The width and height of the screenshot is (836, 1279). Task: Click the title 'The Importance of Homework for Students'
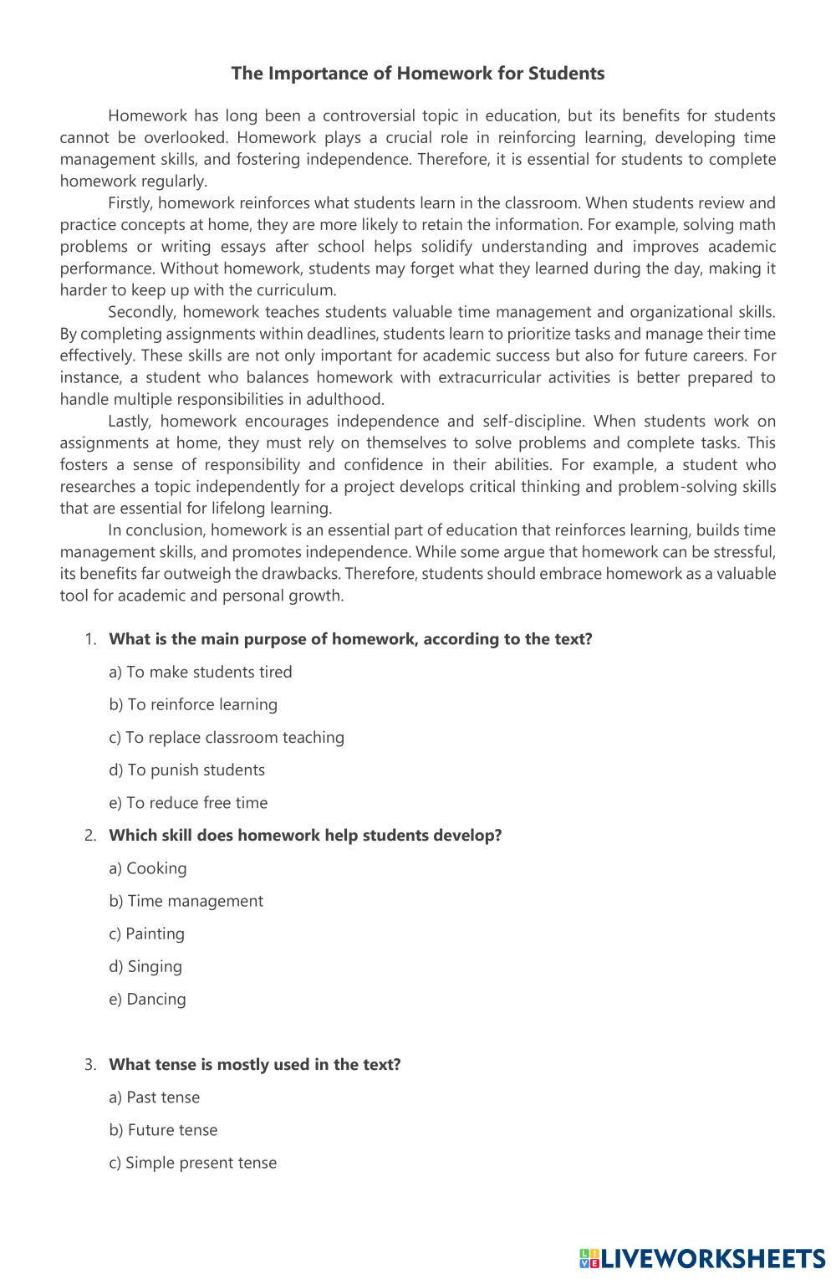coord(417,74)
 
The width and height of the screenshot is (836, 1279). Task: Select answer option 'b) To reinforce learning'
coord(193,704)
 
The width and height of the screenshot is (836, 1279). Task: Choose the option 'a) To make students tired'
coord(201,672)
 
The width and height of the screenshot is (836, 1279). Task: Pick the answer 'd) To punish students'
coord(186,770)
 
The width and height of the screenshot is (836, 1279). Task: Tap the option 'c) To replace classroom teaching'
coord(227,737)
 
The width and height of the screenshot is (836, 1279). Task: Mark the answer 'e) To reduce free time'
coord(188,802)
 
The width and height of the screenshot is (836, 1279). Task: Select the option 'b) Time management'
coord(186,900)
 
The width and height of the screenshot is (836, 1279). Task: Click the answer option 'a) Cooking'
coord(148,867)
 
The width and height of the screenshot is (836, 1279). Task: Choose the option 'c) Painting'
coord(146,933)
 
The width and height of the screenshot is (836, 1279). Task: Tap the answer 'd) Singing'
coord(145,965)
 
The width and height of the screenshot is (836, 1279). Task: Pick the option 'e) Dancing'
coord(147,998)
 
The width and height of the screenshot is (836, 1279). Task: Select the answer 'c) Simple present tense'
coord(192,1162)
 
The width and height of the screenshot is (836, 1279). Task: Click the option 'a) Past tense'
coord(155,1097)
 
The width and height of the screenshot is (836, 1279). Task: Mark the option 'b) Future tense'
coord(163,1129)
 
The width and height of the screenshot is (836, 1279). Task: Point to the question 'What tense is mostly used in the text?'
coord(255,1064)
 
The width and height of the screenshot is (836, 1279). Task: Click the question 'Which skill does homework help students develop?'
coord(305,835)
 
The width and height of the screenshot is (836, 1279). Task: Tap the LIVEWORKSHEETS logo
coord(701,1258)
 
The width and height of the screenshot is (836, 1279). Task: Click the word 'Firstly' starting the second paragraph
coord(130,203)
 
